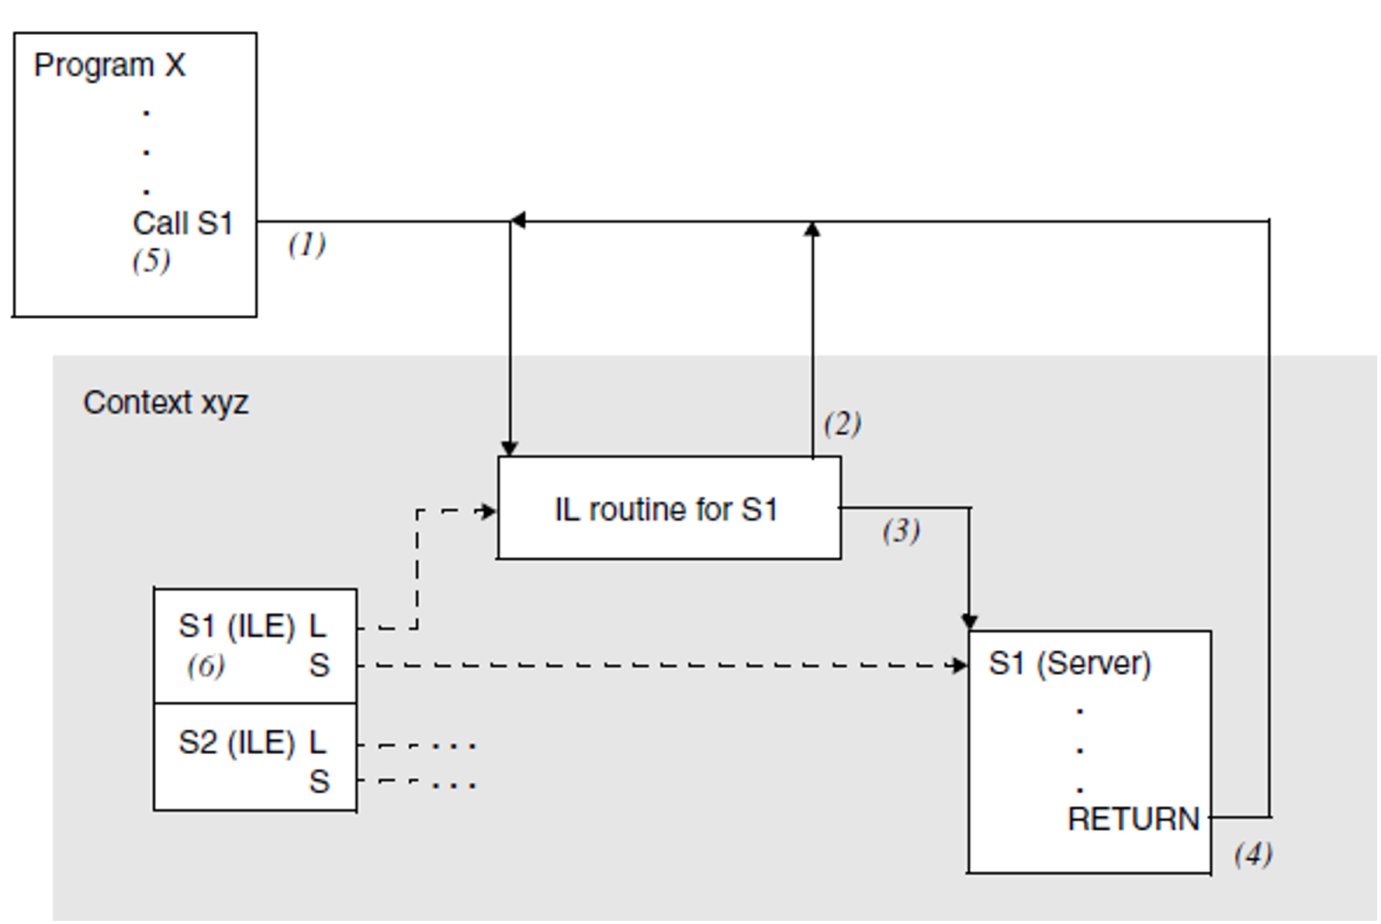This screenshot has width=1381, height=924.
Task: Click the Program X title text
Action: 109,66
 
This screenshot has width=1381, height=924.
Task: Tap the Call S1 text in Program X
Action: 182,223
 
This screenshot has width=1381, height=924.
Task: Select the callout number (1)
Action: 307,245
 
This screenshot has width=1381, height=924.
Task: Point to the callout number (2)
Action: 843,424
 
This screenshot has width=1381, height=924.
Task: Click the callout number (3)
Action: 902,531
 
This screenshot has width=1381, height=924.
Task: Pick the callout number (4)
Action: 1253,854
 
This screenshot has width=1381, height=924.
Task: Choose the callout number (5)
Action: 151,261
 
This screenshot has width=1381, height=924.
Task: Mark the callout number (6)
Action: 206,666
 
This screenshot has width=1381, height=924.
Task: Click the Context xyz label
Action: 165,403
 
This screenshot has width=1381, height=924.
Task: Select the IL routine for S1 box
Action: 669,508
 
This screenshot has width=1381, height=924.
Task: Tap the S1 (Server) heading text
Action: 1070,664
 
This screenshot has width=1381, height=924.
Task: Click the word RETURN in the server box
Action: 1134,819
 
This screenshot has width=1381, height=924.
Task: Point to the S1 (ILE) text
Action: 237,626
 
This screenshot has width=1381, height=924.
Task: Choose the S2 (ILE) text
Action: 237,742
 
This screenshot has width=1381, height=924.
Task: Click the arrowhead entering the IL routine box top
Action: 510,448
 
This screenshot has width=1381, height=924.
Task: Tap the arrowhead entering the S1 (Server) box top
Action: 969,621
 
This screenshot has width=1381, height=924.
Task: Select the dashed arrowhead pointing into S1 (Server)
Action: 960,666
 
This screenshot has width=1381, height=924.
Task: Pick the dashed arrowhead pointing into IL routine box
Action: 488,511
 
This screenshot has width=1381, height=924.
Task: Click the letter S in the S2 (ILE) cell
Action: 319,781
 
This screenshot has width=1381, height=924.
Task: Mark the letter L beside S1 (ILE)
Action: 317,626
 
